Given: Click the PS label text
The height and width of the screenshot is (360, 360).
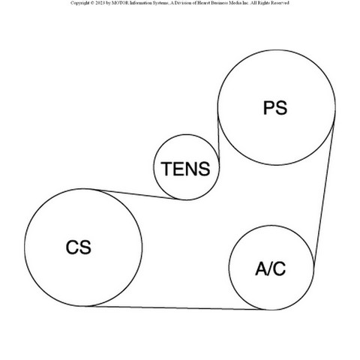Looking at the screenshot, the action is (275, 108).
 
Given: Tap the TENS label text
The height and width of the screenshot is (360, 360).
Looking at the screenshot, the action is (185, 169).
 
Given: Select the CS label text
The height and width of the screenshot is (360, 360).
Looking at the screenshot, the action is (79, 247).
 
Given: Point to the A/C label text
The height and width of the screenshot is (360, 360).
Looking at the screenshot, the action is (271, 268).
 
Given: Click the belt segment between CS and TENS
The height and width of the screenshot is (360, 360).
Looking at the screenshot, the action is (138, 195).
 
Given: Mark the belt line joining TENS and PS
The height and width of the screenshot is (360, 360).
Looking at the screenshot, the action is (218, 138).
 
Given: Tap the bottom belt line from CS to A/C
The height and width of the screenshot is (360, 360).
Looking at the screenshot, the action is (175, 308).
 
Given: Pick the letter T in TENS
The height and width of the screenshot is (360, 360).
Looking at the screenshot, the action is (166, 169).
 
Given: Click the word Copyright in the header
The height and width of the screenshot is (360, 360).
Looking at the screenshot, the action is (79, 3).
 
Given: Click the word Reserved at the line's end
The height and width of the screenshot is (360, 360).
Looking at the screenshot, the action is (280, 3).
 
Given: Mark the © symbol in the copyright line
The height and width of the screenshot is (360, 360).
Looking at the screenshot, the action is (91, 3).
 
